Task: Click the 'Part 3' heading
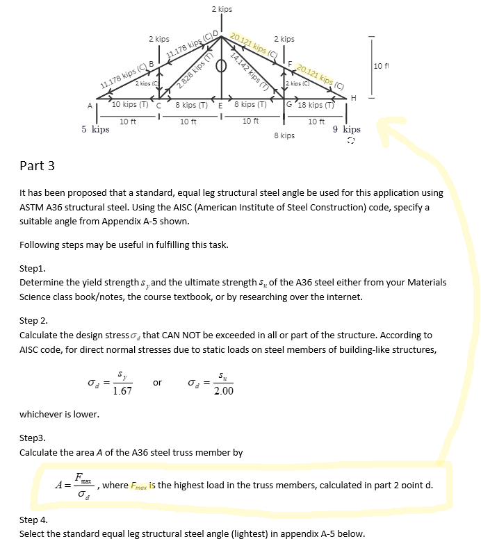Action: click(x=38, y=165)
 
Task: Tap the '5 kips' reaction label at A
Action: click(x=95, y=129)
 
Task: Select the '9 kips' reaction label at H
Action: click(x=347, y=129)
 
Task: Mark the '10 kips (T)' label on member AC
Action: click(x=130, y=105)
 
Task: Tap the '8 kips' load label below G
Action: click(x=284, y=135)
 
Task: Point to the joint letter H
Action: click(x=354, y=99)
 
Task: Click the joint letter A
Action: click(x=89, y=106)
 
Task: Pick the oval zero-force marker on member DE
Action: click(x=222, y=67)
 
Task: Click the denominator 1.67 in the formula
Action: click(x=123, y=391)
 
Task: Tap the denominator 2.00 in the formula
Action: click(x=223, y=391)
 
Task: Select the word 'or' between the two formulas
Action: click(x=158, y=383)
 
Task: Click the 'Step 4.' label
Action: click(x=34, y=519)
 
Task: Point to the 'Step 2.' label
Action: click(x=34, y=322)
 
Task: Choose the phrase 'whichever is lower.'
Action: click(x=59, y=415)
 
